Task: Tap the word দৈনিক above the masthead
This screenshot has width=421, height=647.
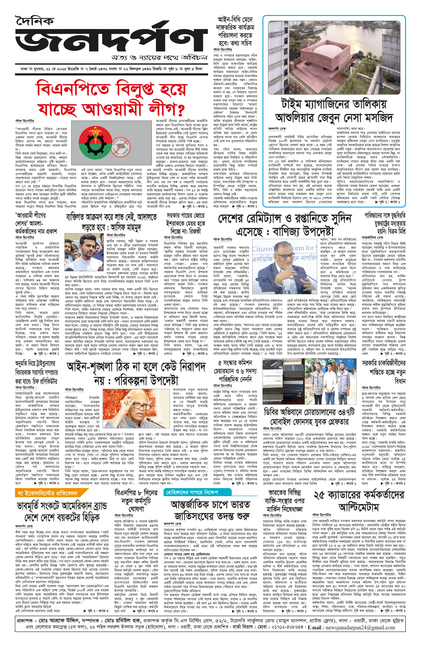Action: tap(35, 20)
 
